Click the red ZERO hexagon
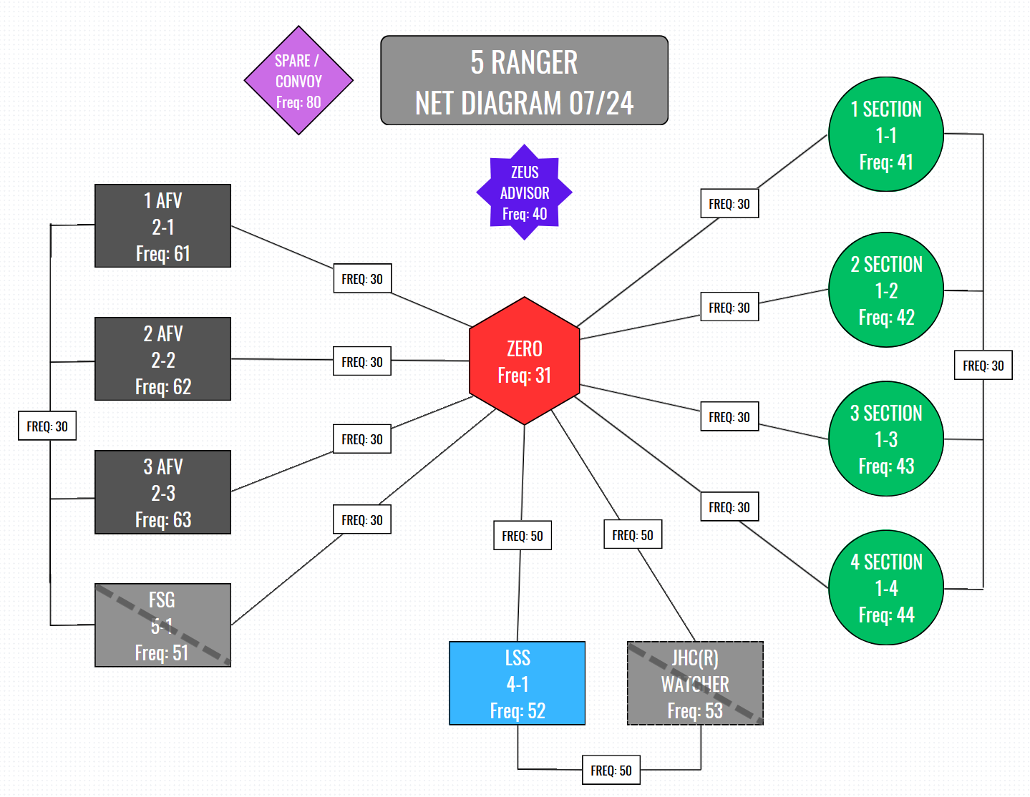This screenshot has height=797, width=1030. tap(524, 361)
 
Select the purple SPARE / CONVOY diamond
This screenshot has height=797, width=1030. tap(298, 80)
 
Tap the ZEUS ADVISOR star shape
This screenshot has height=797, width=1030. tap(524, 192)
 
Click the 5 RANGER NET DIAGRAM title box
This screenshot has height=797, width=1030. tap(524, 81)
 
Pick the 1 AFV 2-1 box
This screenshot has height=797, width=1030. tap(162, 226)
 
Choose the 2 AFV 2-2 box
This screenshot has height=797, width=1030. tap(162, 359)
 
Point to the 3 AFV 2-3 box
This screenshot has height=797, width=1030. tap(162, 492)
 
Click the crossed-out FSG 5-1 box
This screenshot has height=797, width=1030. tap(162, 625)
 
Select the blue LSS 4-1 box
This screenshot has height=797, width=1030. tap(517, 683)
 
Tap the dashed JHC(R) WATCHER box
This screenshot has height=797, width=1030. tap(695, 683)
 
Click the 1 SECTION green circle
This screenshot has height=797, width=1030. tap(886, 135)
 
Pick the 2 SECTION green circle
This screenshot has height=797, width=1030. tap(886, 290)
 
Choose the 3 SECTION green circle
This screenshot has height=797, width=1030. tap(886, 439)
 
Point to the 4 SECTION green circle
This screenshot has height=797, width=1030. tap(886, 587)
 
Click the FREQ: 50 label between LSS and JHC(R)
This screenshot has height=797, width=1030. tap(611, 771)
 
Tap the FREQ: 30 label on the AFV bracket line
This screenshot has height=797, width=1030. tap(47, 426)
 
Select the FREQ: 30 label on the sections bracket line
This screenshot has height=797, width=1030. tap(983, 366)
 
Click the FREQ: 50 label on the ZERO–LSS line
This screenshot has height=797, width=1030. tap(523, 536)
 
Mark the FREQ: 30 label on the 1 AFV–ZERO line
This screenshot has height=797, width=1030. tap(362, 279)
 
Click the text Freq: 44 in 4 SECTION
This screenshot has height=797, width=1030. tap(886, 615)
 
